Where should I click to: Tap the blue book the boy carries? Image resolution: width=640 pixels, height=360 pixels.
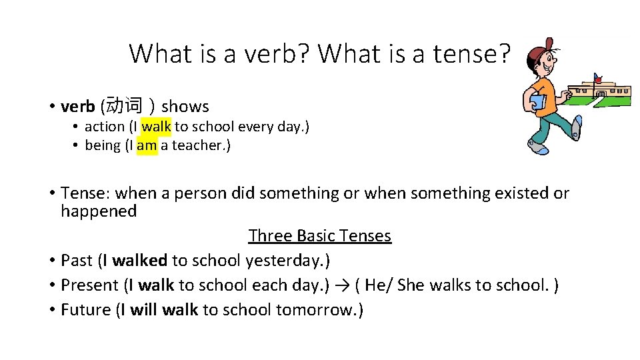click(538, 103)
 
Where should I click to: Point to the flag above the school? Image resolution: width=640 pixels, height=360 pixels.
click(597, 77)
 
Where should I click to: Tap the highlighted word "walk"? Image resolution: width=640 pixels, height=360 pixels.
click(156, 126)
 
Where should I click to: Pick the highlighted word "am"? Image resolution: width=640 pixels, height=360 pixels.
click(147, 145)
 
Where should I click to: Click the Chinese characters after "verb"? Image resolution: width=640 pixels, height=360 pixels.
click(125, 106)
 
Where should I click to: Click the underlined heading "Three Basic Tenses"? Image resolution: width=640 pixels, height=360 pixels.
click(319, 235)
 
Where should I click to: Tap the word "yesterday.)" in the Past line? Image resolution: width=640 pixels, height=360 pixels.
click(288, 260)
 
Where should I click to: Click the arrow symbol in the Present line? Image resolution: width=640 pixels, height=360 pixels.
click(342, 285)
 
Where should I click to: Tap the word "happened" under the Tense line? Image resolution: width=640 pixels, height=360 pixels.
click(99, 211)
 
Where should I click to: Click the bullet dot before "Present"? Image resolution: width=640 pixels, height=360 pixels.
click(51, 285)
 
